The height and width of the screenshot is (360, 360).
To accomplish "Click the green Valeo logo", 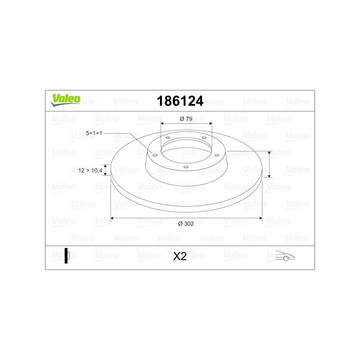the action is [x=66, y=100].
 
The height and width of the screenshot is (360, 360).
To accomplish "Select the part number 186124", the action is [x=180, y=101].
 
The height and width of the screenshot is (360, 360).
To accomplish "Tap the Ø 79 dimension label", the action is [x=186, y=119].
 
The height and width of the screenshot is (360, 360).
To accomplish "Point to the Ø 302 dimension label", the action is [x=186, y=224].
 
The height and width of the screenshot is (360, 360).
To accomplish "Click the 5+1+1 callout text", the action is [x=94, y=133].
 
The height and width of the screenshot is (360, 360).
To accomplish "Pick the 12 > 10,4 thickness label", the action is [x=90, y=171].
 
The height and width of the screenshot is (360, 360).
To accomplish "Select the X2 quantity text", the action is [x=180, y=256].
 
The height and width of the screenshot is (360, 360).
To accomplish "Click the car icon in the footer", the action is [x=285, y=256].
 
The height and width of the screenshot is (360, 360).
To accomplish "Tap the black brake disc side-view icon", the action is [x=67, y=256].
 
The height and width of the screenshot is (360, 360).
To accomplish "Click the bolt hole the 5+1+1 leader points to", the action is [x=155, y=155].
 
